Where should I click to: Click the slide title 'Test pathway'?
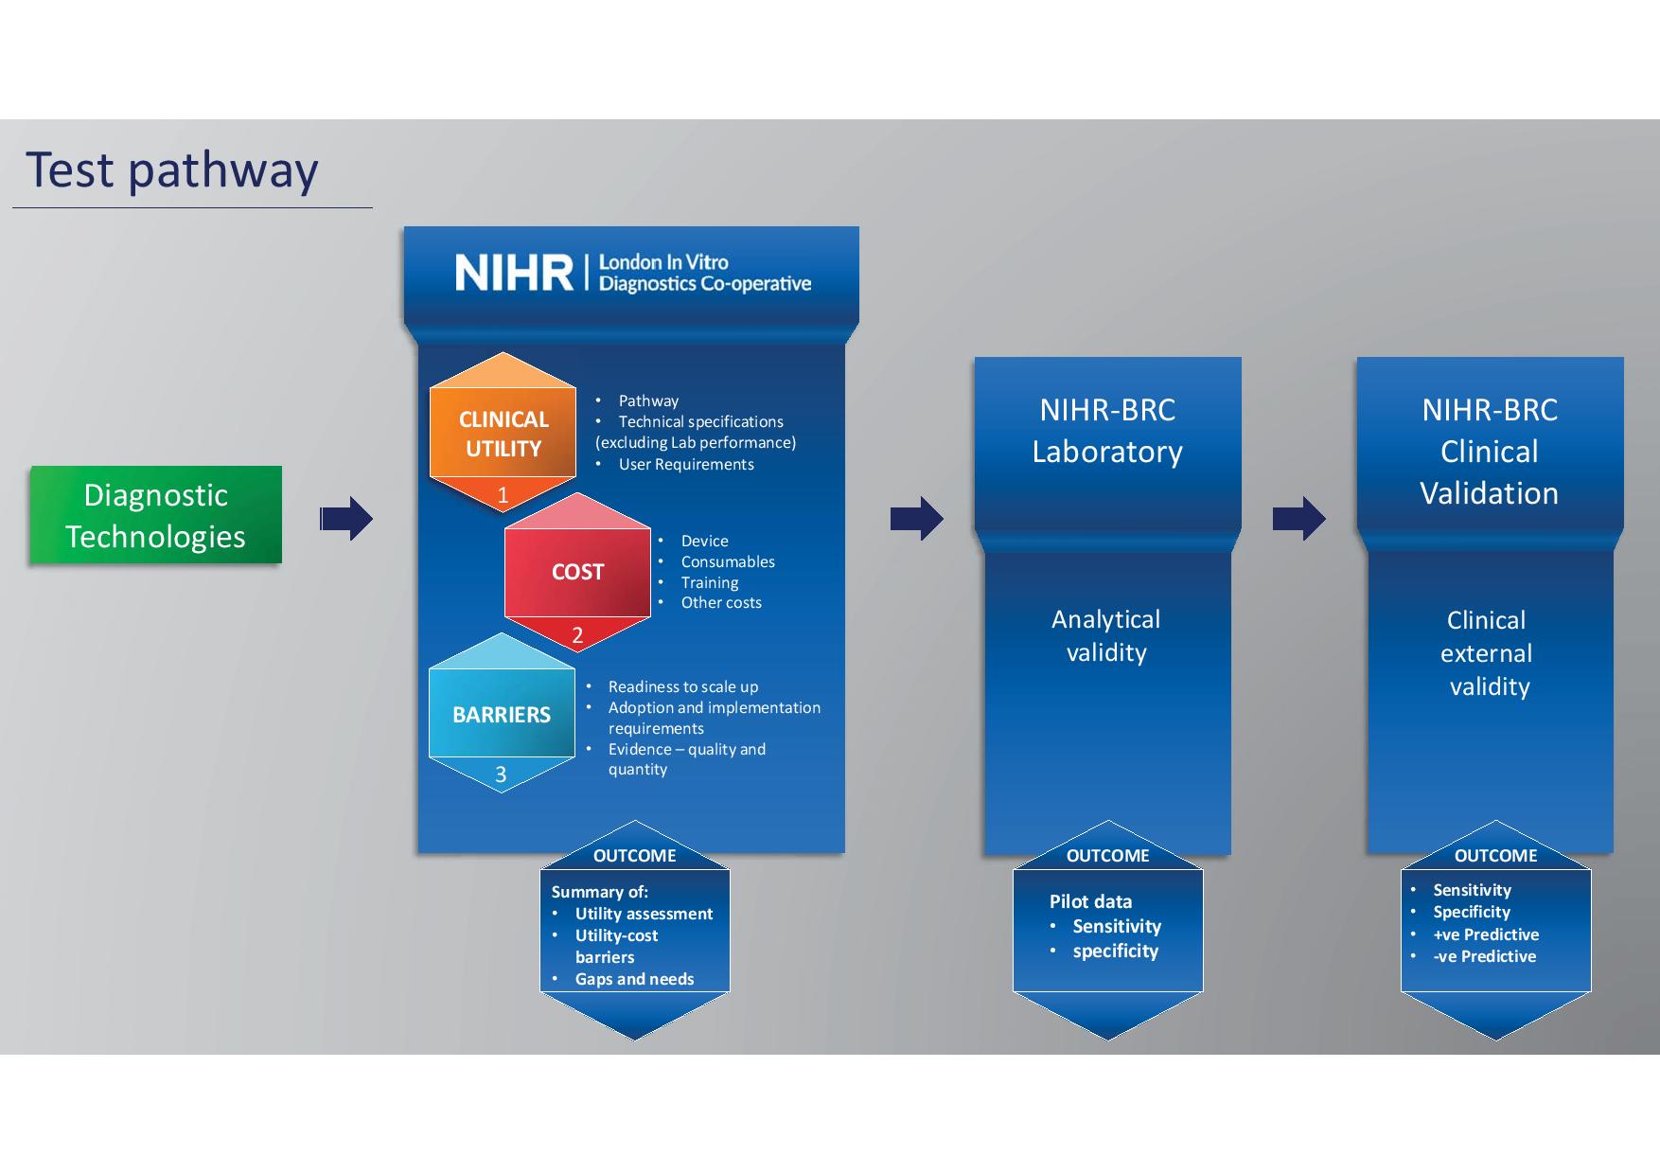click(171, 170)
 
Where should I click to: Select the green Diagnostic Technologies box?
click(156, 516)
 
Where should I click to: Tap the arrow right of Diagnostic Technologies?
click(346, 518)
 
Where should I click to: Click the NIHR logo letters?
click(513, 273)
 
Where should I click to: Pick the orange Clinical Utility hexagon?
click(503, 434)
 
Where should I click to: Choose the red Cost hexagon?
click(577, 572)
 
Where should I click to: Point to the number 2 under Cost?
click(577, 635)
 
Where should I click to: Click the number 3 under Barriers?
click(501, 774)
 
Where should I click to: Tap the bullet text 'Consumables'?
click(728, 561)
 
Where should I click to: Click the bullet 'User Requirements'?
click(686, 464)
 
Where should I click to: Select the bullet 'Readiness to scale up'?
click(682, 686)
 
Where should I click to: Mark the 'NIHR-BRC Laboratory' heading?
click(1107, 431)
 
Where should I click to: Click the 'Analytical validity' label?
click(1106, 635)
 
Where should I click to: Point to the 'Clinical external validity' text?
click(1489, 653)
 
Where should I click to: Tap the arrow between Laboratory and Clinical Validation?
click(1298, 518)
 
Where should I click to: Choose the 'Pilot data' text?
click(1090, 901)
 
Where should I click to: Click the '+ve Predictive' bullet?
click(1486, 934)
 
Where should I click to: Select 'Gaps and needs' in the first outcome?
click(634, 979)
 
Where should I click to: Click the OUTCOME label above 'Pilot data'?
click(1107, 856)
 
